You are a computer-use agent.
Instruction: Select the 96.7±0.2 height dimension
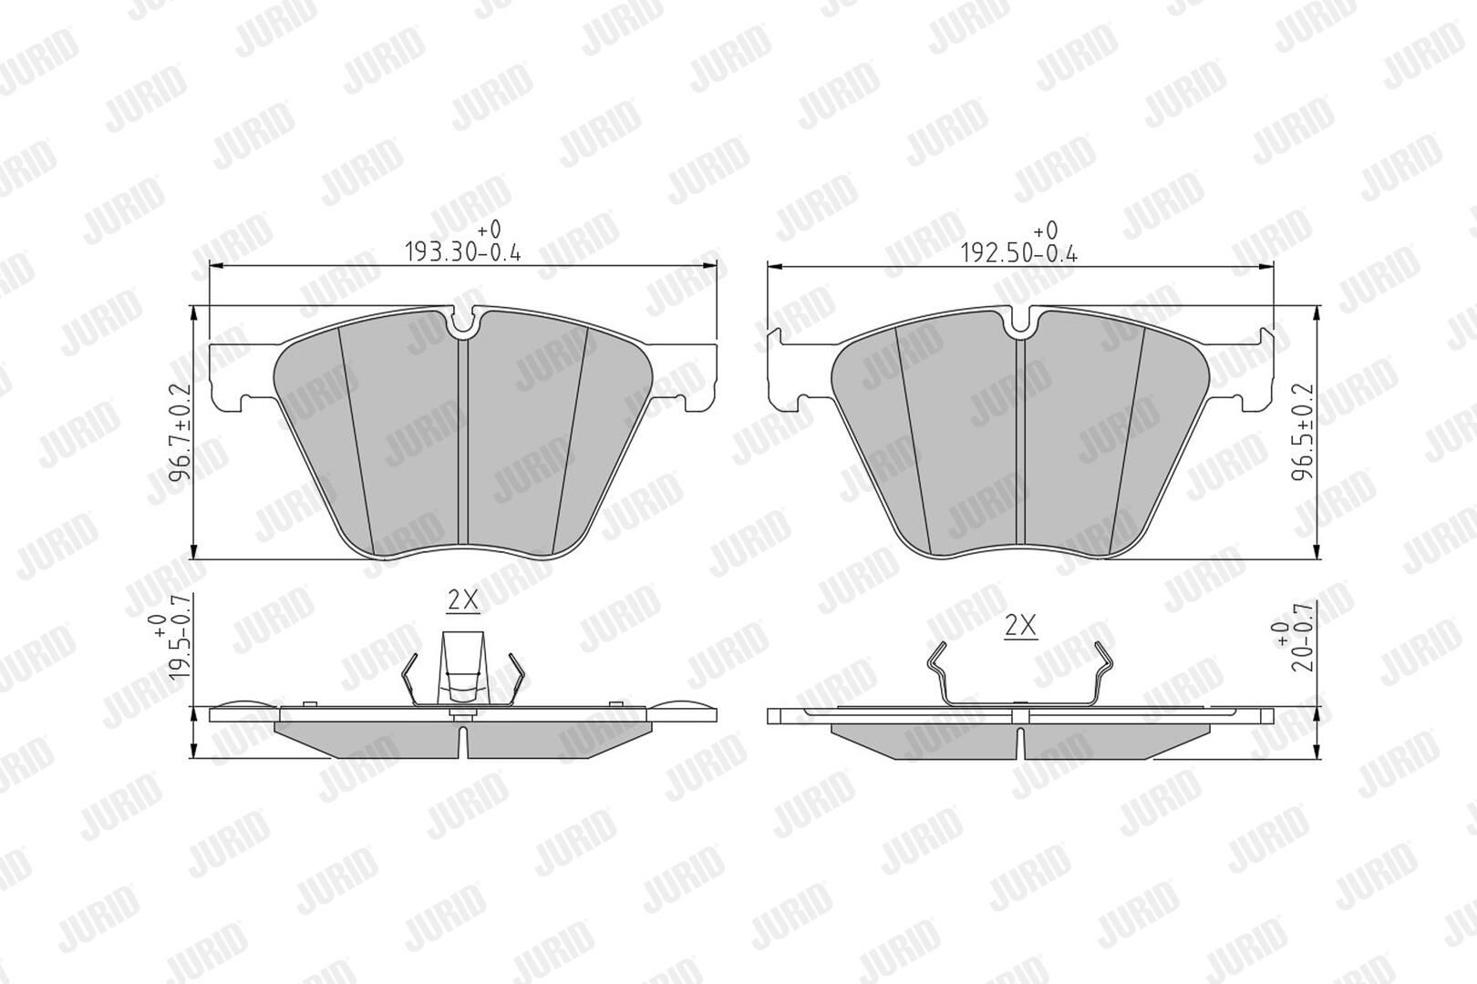[x=180, y=433]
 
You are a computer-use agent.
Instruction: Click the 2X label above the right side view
[x=1020, y=625]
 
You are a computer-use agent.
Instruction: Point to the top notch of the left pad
[x=463, y=321]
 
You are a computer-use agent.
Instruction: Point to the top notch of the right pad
[x=1021, y=321]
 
